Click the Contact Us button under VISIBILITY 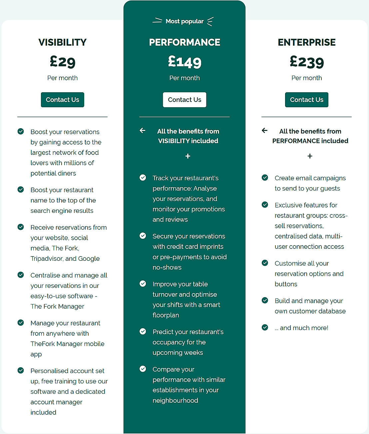(x=62, y=100)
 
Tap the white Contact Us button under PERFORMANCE (x=184, y=100)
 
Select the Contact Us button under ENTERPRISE (x=306, y=100)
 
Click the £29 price (x=63, y=62)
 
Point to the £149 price (x=184, y=62)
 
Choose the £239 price (x=307, y=62)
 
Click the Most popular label (x=184, y=21)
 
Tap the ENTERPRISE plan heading (x=307, y=42)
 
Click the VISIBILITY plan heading (x=63, y=42)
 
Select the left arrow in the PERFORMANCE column (x=143, y=131)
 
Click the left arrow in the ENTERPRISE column (x=265, y=131)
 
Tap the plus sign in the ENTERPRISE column (x=310, y=156)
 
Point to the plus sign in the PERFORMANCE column (x=188, y=156)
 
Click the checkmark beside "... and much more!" (x=265, y=327)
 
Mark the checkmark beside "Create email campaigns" (x=265, y=178)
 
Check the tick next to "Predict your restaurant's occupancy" (x=143, y=331)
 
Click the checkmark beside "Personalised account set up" (x=21, y=370)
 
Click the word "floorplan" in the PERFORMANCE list (x=166, y=315)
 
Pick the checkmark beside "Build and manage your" (x=265, y=300)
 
